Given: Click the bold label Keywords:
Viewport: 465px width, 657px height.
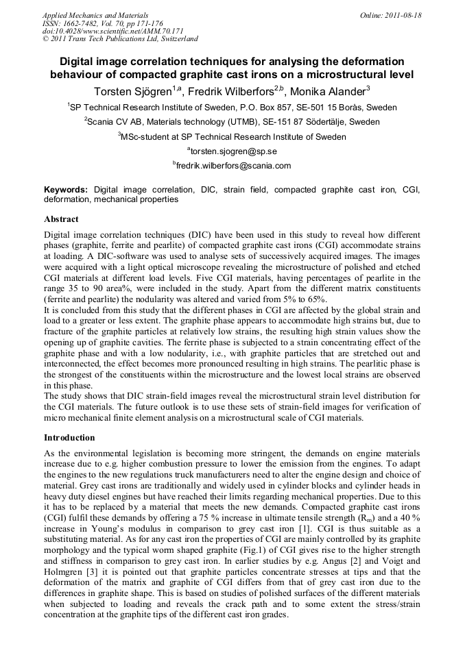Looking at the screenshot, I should click(66, 189).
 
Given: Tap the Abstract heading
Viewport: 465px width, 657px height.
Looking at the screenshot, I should click(61, 219).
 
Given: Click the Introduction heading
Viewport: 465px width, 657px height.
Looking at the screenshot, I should click(69, 437).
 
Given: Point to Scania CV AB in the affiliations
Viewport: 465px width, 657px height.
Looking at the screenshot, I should click(114, 122).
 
